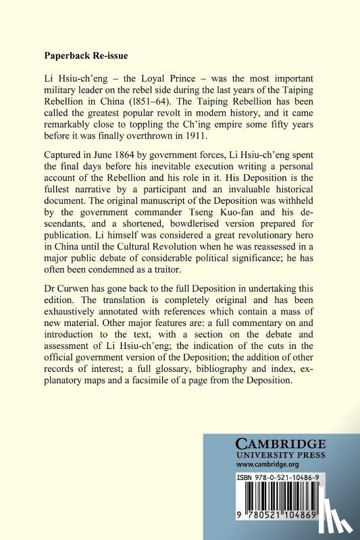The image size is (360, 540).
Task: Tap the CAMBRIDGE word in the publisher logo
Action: coord(280,444)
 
